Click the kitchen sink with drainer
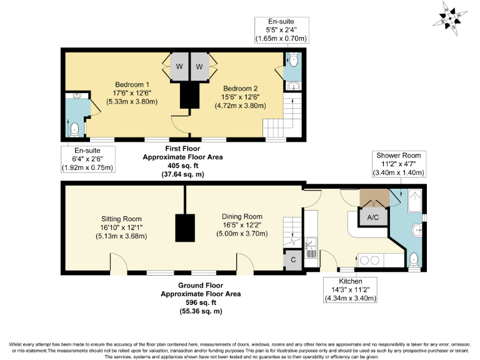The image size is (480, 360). tap(311, 247)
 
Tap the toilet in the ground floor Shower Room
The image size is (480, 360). tap(413, 259)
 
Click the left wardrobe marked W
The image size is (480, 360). tap(179, 67)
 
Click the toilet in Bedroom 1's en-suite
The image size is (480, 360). tap(75, 129)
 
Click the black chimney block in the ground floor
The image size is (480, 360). tap(184, 227)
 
